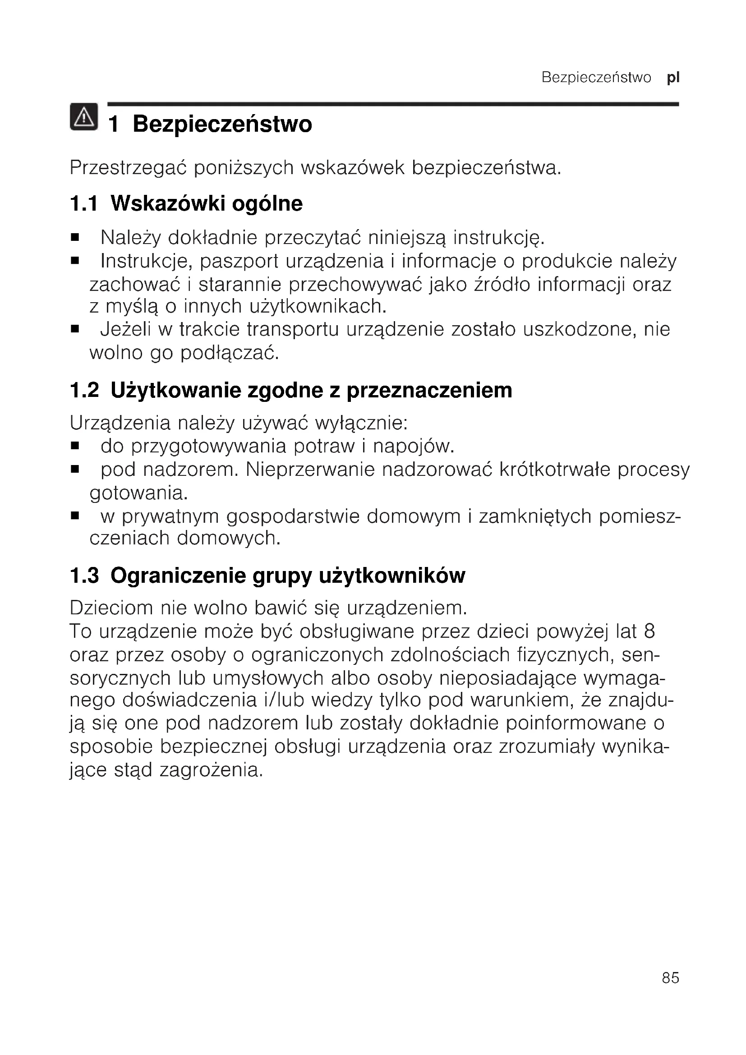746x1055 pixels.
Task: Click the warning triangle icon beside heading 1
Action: click(x=83, y=117)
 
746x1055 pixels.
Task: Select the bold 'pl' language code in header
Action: click(x=673, y=78)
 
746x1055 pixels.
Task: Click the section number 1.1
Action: click(x=83, y=203)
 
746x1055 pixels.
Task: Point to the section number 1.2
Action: click(x=84, y=390)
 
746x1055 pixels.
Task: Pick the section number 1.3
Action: click(x=84, y=575)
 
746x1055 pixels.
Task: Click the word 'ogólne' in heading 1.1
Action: click(x=267, y=203)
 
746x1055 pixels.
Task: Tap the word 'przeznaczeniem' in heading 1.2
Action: click(x=429, y=390)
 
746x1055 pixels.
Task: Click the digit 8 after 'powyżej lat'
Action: click(x=649, y=631)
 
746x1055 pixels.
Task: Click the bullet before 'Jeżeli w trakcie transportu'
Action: click(x=75, y=329)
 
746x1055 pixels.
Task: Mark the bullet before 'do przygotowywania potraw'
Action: click(x=75, y=446)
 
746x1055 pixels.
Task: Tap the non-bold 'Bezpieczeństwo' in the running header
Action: click(x=596, y=78)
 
